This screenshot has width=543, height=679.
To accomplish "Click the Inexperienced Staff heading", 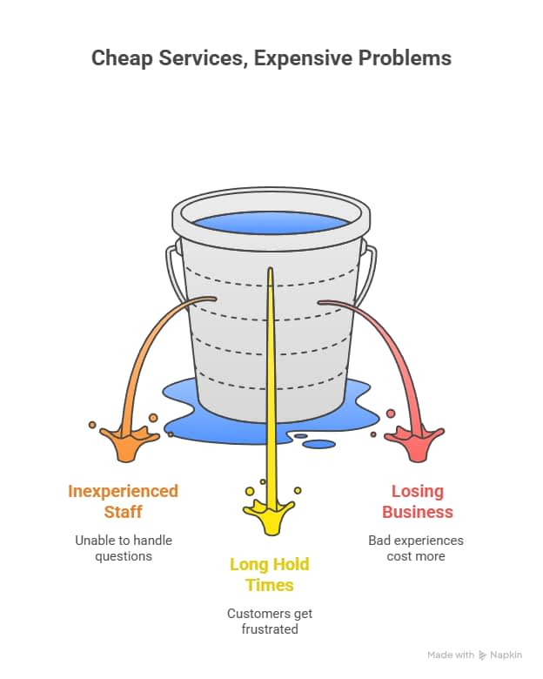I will pyautogui.click(x=123, y=501).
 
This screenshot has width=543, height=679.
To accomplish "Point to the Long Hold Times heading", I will pyautogui.click(x=269, y=575).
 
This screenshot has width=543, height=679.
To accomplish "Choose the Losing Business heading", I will pyautogui.click(x=417, y=501).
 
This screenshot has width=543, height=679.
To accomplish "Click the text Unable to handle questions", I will pyautogui.click(x=123, y=548).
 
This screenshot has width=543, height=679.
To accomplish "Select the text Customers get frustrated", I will pyautogui.click(x=269, y=621).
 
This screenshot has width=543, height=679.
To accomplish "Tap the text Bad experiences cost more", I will pyautogui.click(x=416, y=548).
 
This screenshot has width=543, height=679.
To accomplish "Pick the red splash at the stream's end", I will pyautogui.click(x=415, y=442).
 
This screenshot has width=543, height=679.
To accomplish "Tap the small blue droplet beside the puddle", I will pyautogui.click(x=319, y=444).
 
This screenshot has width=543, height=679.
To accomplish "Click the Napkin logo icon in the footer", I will pyautogui.click(x=483, y=655).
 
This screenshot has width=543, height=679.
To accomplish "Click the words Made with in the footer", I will pyautogui.click(x=451, y=655).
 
